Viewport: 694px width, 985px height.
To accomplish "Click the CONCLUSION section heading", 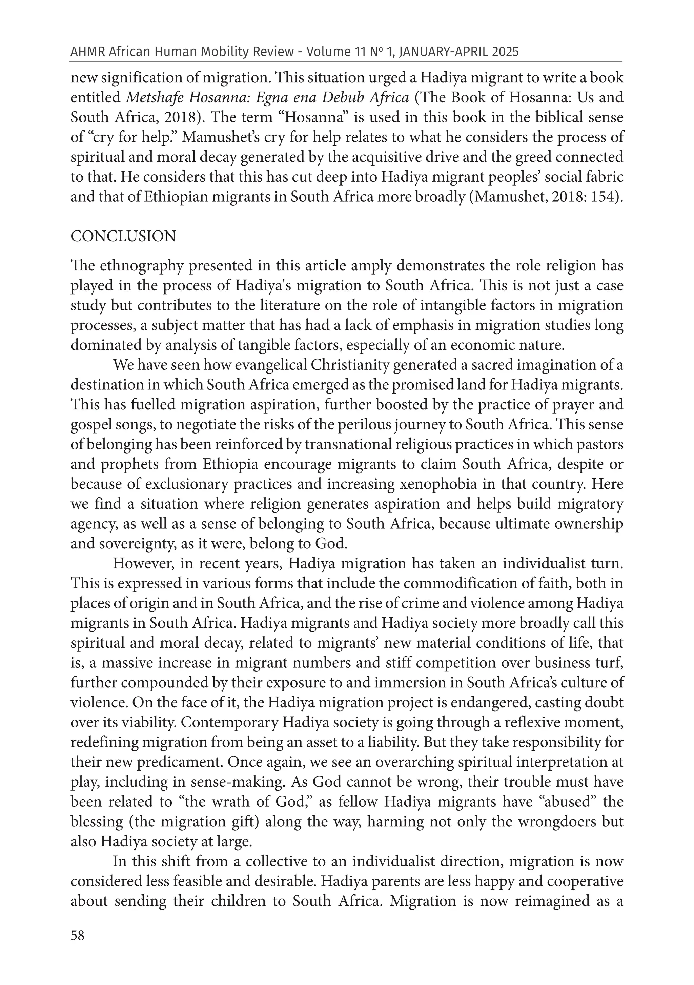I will tap(123, 236).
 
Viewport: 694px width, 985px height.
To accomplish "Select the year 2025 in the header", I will tap(505, 52).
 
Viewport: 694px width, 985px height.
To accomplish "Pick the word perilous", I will tap(389, 425).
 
